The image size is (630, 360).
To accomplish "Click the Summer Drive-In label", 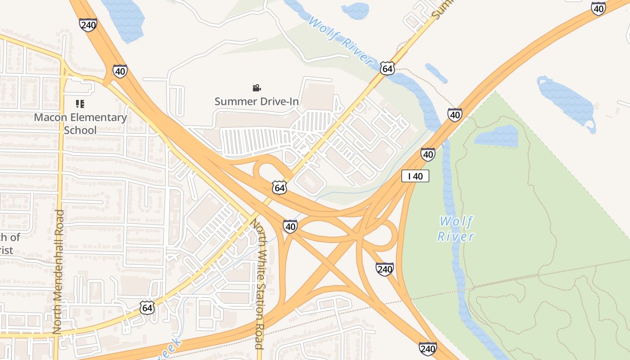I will click(256, 101).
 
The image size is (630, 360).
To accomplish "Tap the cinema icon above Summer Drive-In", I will click(256, 88).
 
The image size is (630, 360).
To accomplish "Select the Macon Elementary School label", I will click(81, 124).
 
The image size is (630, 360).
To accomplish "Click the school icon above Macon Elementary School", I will click(80, 104).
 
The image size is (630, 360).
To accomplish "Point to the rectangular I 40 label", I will click(415, 176).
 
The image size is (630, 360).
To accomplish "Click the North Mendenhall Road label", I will click(58, 271).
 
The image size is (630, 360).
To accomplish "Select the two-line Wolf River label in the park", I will click(456, 229).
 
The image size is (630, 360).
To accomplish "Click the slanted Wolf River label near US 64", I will click(342, 41).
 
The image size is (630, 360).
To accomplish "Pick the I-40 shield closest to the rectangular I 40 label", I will click(428, 154).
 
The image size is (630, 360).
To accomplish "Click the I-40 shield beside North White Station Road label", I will click(291, 226).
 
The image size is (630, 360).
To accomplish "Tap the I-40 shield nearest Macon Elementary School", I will click(120, 71).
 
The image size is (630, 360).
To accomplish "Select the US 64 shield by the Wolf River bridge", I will click(387, 68).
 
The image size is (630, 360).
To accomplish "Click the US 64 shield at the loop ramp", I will click(279, 188).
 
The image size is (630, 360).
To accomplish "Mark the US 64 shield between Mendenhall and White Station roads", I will click(147, 308).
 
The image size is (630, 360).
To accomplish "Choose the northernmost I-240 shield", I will click(88, 24).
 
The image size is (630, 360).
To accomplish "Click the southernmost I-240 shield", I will click(427, 348).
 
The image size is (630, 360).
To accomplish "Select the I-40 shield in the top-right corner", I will click(598, 9).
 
